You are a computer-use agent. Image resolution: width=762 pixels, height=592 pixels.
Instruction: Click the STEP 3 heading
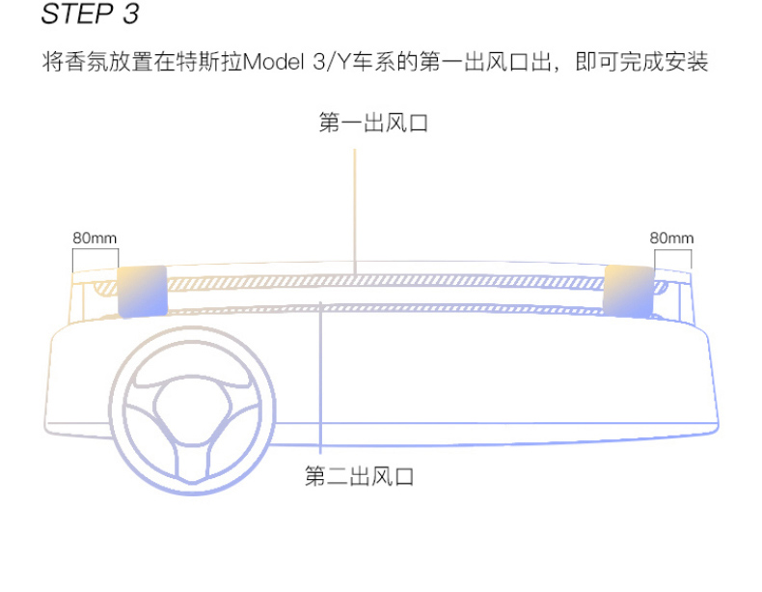pos(91,14)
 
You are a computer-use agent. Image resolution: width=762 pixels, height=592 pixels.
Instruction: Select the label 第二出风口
pos(359,477)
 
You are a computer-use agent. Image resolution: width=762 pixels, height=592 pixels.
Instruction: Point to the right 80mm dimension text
pos(671,238)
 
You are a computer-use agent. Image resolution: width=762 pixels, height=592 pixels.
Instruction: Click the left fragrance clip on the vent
pos(141,291)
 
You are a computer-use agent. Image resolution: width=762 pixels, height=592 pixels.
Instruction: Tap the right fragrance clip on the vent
pos(630,291)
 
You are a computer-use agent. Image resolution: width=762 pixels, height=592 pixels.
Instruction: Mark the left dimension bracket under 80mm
pos(95,260)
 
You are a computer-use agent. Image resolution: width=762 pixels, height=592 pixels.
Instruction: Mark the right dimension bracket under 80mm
pos(672,260)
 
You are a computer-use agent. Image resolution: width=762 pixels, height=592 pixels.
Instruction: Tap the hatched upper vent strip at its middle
pos(386,280)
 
